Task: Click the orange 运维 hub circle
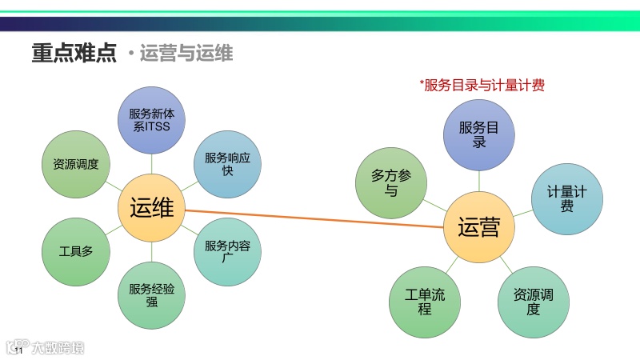tap(151, 208)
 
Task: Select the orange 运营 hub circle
tap(478, 227)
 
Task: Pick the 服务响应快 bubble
tap(227, 164)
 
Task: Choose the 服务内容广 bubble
tap(227, 252)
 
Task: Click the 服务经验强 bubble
tap(151, 295)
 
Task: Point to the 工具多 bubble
tap(76, 251)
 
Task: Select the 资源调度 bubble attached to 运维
tap(76, 164)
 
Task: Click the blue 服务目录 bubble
tap(478, 135)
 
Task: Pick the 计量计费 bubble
tap(566, 199)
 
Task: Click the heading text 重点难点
tap(74, 53)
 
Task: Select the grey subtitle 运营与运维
tap(186, 54)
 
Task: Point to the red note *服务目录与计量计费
tap(482, 86)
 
